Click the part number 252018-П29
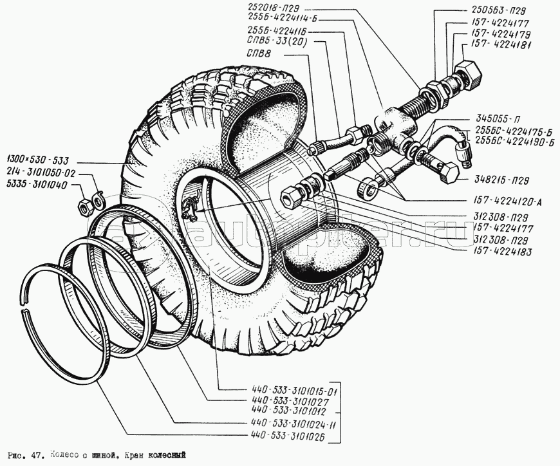279,8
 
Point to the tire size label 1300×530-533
37,159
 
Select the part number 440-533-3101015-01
295,391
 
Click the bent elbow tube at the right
454,141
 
